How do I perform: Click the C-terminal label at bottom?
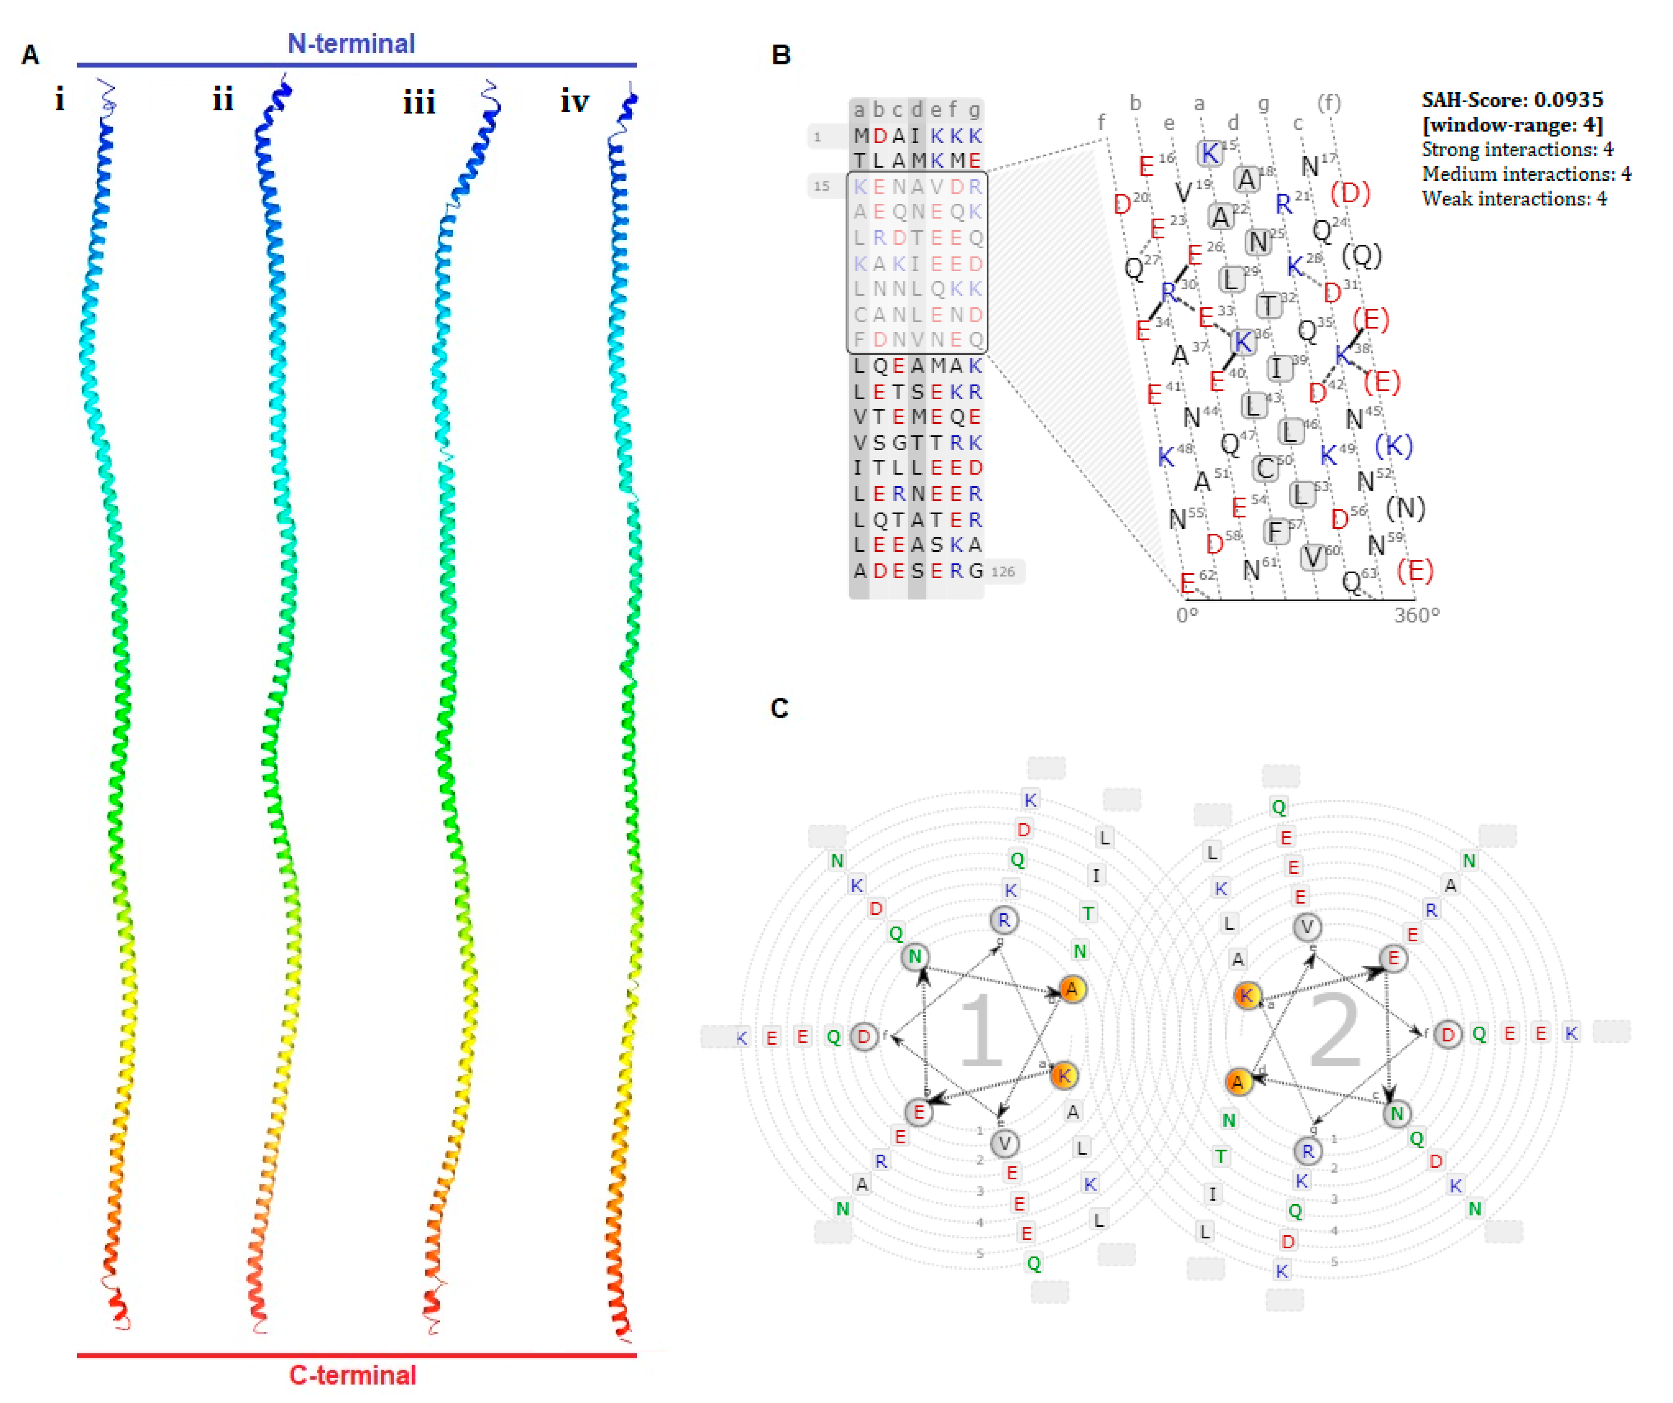[352, 1375]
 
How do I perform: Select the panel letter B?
[781, 55]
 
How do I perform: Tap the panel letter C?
[779, 708]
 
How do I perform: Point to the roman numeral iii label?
[419, 103]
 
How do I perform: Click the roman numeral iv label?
[574, 101]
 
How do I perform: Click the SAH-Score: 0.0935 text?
[1511, 99]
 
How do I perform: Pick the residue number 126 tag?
[1003, 571]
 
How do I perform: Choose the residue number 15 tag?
[821, 186]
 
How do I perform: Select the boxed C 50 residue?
[1265, 469]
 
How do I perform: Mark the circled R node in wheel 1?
[1004, 920]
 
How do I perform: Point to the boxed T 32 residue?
[1268, 304]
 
